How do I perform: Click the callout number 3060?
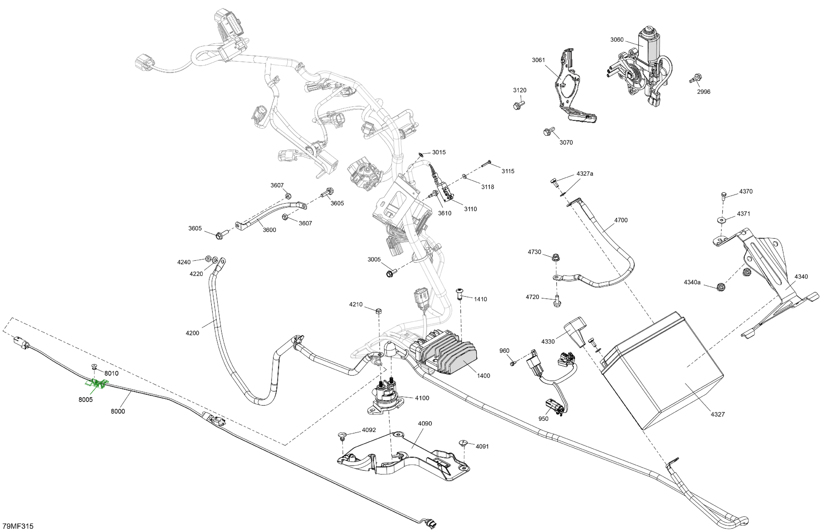click(x=617, y=40)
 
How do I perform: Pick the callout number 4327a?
click(x=585, y=174)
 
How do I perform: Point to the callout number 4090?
click(x=425, y=424)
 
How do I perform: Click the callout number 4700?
click(x=621, y=220)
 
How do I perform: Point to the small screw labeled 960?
click(x=513, y=363)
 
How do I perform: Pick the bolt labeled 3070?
click(x=549, y=131)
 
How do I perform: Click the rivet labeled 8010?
click(x=94, y=366)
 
